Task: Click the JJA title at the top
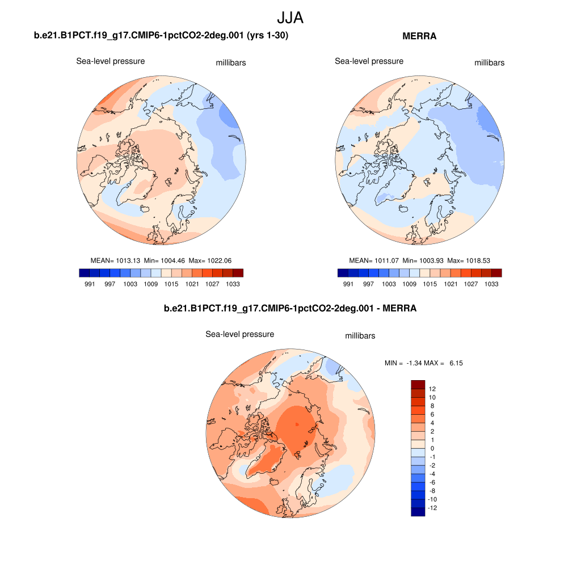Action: tap(290, 18)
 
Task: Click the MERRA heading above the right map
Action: tap(419, 36)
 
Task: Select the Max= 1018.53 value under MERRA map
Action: tap(468, 260)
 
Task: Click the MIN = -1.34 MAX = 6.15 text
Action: tap(423, 363)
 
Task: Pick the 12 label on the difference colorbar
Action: tap(432, 389)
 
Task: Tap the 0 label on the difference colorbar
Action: tap(432, 448)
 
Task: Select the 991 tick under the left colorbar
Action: tap(89, 284)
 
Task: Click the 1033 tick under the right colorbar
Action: tap(491, 284)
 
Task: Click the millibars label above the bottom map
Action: tap(360, 336)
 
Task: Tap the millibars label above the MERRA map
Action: tap(489, 62)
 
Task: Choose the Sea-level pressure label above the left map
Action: tap(111, 61)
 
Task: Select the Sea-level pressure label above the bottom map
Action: tap(239, 334)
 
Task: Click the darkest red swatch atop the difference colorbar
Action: tap(418, 385)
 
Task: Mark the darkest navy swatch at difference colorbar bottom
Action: tap(418, 512)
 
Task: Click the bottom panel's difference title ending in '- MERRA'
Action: tap(290, 309)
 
